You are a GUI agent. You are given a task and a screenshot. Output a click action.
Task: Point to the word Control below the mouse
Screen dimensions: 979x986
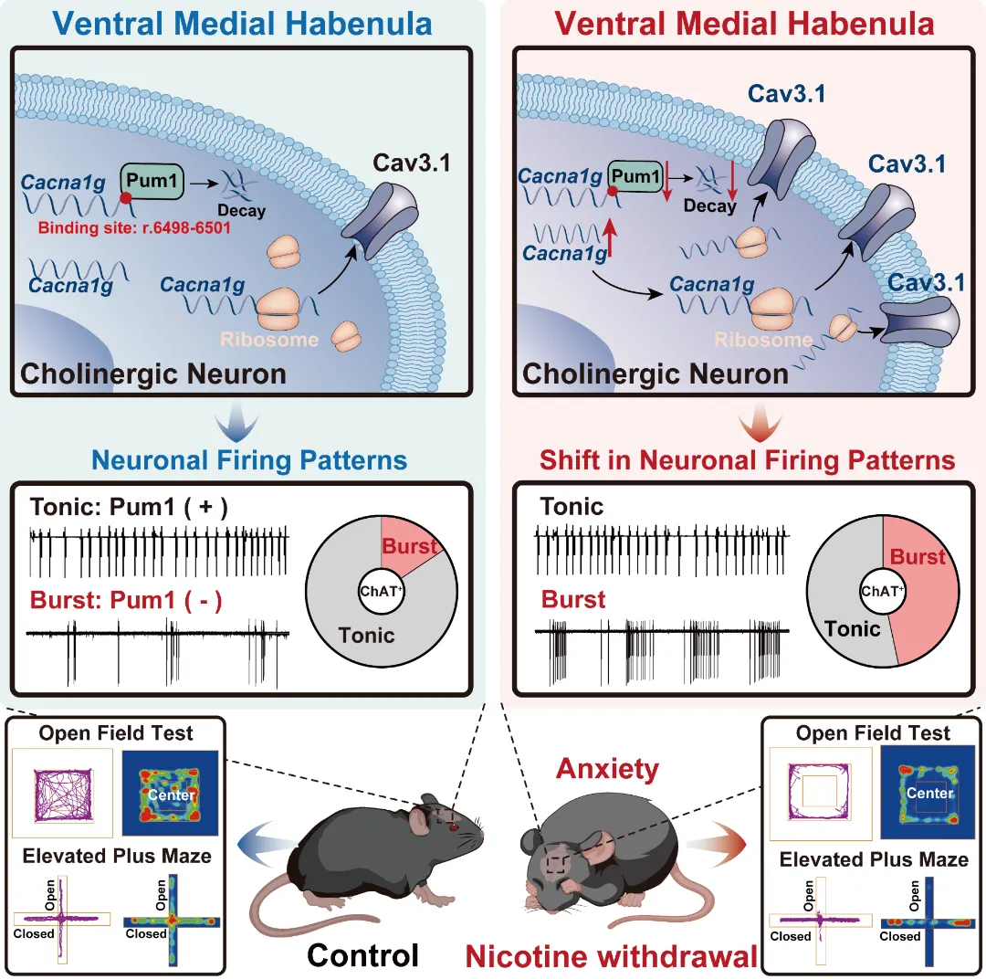coord(362,954)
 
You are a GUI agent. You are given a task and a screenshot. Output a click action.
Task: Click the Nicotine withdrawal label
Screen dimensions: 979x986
coord(611,956)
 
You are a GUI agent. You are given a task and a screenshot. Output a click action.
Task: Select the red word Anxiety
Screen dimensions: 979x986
coord(606,769)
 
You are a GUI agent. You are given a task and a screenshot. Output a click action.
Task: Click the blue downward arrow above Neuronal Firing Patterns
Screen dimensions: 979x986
coord(240,421)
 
